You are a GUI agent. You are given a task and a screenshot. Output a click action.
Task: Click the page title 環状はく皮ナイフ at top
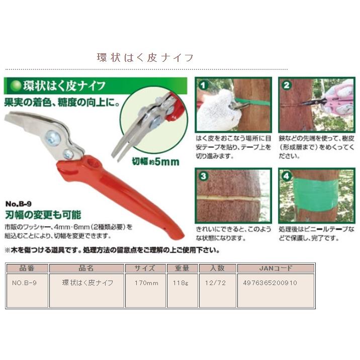point(145,57)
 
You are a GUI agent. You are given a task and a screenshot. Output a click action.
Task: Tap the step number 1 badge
point(203,85)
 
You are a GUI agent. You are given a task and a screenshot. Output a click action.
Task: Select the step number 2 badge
point(287,85)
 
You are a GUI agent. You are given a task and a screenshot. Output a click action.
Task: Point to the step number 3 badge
point(203,176)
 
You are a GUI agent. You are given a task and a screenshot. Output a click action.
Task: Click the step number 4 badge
point(287,177)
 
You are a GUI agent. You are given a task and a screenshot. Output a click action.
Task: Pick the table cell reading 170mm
point(146,283)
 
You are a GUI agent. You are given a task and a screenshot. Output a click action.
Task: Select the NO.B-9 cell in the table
point(24,283)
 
